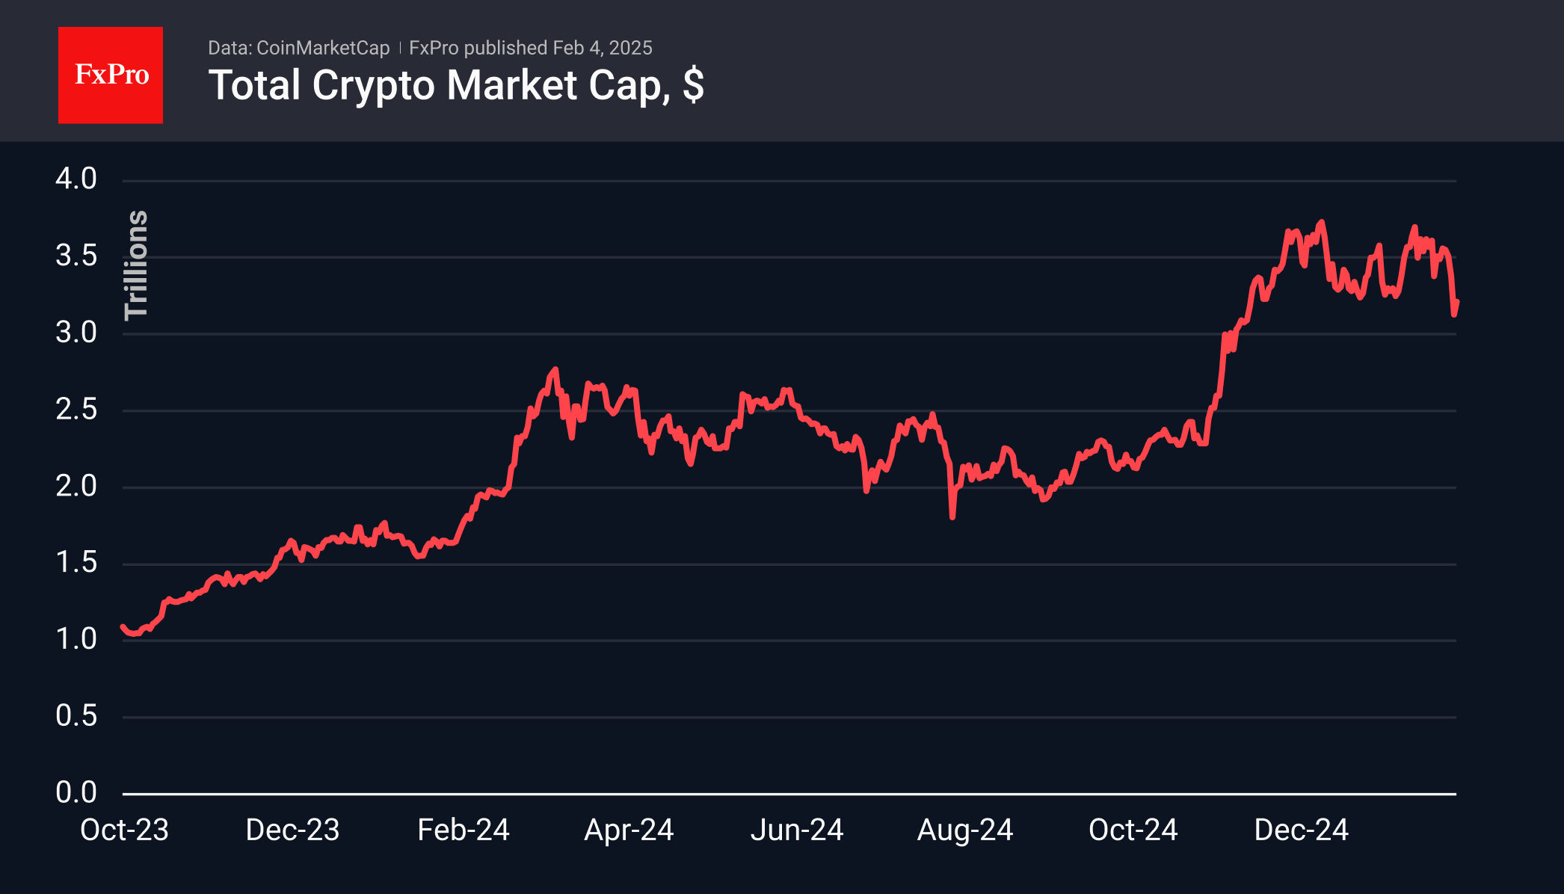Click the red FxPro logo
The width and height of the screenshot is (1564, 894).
coord(111,75)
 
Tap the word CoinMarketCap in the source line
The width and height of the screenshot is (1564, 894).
coord(322,48)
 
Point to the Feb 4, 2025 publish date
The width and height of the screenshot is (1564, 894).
coord(602,48)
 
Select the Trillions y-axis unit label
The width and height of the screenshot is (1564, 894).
coord(136,265)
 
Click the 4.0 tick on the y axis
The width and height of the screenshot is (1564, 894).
coord(76,179)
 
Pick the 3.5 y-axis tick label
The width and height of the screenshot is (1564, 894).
coord(76,256)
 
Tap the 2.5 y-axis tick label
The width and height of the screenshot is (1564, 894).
coord(76,409)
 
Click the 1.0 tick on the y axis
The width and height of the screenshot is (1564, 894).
coord(76,638)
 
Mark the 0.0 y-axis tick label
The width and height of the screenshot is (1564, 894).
coord(76,792)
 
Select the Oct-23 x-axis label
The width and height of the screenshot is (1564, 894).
coord(124,830)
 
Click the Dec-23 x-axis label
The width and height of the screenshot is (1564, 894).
coord(292,830)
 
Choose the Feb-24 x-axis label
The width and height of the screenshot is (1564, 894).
coord(463,830)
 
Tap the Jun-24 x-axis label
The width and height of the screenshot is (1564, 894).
coord(797,830)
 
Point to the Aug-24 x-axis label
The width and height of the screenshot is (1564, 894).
coord(964,830)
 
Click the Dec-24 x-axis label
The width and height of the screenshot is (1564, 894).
coord(1301,830)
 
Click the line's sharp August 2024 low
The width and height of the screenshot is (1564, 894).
coord(952,517)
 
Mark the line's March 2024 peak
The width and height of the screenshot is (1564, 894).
coord(555,369)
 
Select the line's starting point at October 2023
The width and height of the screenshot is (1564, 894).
coord(123,627)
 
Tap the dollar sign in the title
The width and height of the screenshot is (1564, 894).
coord(693,85)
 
